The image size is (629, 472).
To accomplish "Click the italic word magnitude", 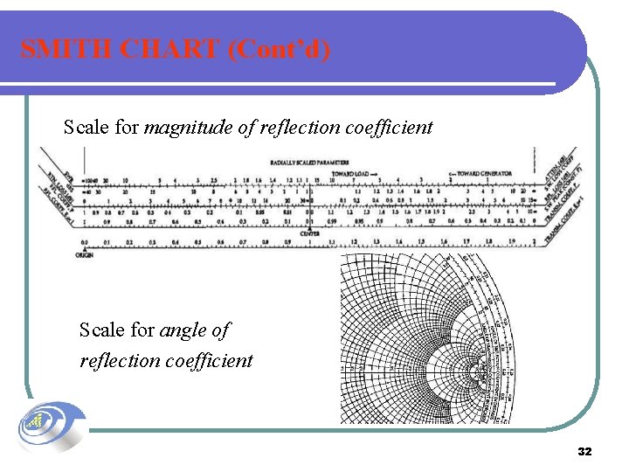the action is pyautogui.click(x=188, y=128).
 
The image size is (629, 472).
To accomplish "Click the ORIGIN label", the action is pyautogui.click(x=84, y=254).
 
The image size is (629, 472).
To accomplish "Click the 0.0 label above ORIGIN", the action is pyautogui.click(x=84, y=242).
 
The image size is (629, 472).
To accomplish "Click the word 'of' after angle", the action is pyautogui.click(x=221, y=330).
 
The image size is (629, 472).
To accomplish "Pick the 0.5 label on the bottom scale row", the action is pyautogui.click(x=197, y=242).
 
